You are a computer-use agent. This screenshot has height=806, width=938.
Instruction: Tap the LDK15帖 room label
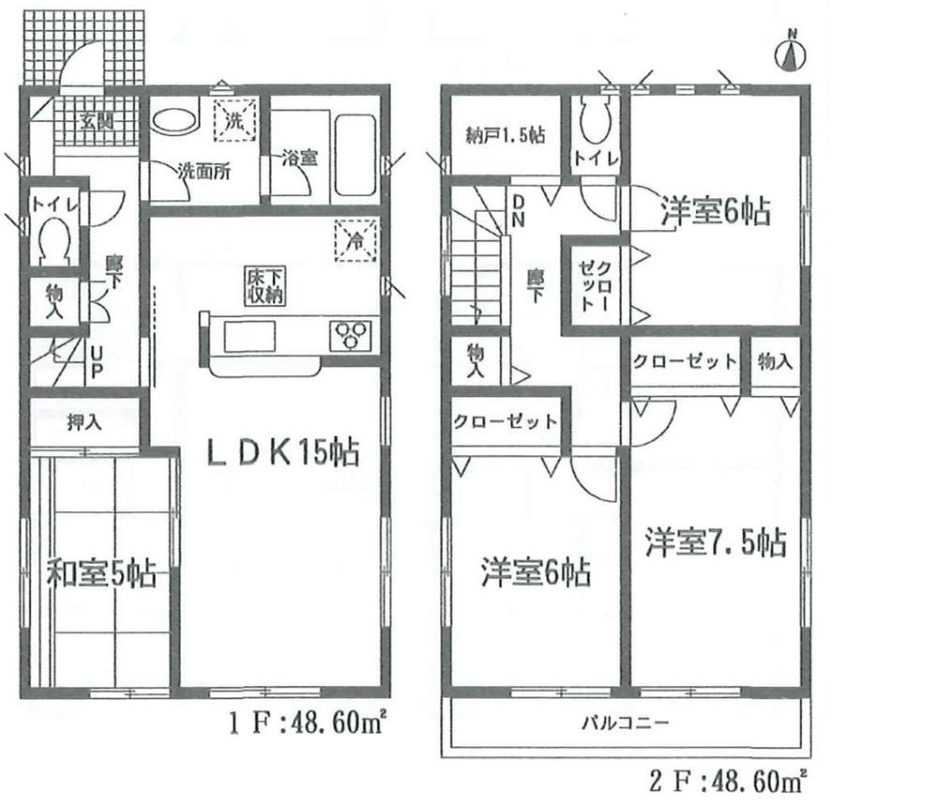click(x=282, y=454)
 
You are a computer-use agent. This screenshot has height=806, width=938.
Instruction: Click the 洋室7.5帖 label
click(x=715, y=542)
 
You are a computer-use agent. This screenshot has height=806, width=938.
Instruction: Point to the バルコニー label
click(x=626, y=723)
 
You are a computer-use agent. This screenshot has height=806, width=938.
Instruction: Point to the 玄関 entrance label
click(x=93, y=120)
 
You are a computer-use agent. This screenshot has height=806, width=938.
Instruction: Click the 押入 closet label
click(x=83, y=422)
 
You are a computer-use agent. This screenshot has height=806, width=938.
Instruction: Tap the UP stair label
click(x=95, y=363)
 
